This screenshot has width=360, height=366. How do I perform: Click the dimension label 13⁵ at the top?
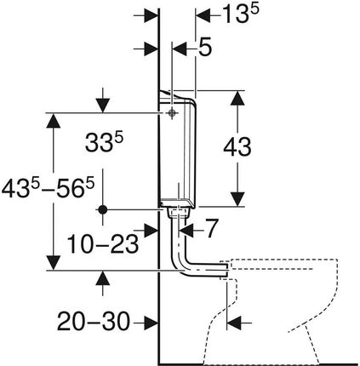(241, 14)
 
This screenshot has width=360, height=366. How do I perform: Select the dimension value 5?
(204, 47)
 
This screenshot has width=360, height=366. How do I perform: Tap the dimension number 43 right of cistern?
(237, 147)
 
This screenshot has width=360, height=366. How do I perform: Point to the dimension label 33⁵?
(104, 143)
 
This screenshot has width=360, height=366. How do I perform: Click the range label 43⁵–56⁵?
(48, 189)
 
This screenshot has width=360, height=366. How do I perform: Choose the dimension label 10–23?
(103, 243)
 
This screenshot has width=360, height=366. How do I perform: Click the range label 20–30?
(94, 322)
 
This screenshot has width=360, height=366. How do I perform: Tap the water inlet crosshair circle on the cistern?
(171, 113)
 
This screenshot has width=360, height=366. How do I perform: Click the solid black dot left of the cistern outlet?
(103, 210)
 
